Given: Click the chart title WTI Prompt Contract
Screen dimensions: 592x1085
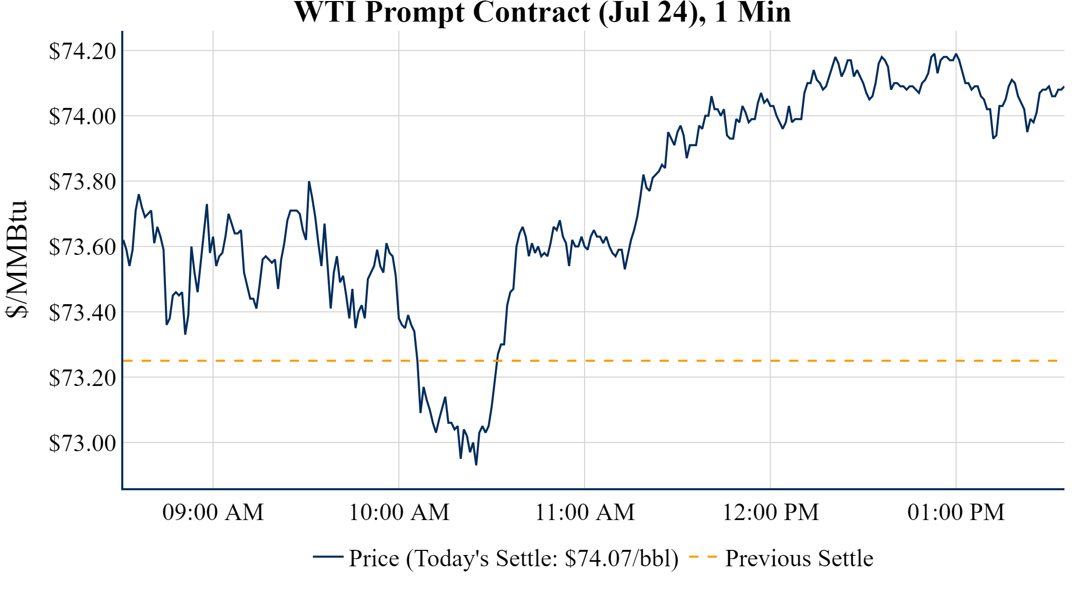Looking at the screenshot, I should click(542, 12).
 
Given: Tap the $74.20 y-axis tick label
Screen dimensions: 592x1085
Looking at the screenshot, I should click(82, 51).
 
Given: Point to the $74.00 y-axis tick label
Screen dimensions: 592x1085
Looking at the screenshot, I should click(82, 116).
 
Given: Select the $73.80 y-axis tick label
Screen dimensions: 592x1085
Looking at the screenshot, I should click(82, 181).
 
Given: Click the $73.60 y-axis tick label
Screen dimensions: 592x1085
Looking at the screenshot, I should click(82, 247).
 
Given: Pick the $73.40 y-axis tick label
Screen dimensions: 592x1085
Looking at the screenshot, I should click(82, 312).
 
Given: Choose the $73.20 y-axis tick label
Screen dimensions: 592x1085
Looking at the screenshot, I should click(82, 378).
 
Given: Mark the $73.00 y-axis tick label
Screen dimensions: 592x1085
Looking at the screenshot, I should click(82, 442).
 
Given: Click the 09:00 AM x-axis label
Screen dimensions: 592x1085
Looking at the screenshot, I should click(213, 512).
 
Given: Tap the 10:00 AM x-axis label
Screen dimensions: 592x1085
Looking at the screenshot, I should click(399, 512).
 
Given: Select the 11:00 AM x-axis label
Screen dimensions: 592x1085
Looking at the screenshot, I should click(585, 512).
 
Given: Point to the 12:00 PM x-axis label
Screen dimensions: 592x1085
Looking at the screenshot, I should click(771, 512).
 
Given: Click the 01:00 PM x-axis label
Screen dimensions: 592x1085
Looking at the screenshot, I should click(956, 512).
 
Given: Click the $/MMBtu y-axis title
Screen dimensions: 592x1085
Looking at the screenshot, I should click(17, 260).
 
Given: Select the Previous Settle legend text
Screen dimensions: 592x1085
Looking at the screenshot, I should click(799, 559).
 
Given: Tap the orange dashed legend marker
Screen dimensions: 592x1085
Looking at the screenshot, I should click(702, 557).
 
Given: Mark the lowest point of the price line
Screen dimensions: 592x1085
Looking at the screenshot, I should click(476, 465).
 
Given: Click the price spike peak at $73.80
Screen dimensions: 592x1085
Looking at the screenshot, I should click(309, 182).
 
